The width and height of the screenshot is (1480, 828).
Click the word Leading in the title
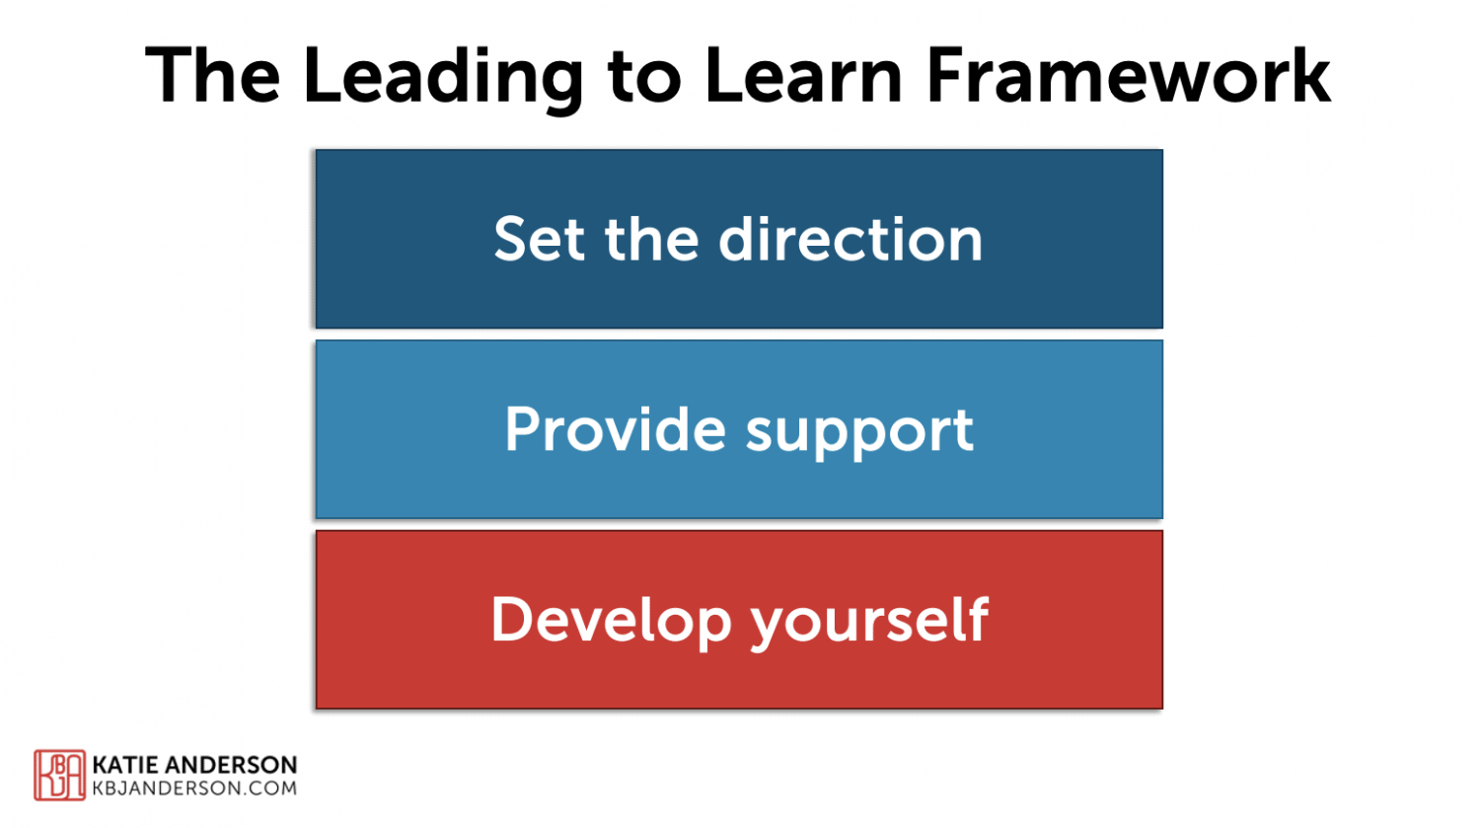point(442,77)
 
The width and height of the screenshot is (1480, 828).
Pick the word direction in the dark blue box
point(851,240)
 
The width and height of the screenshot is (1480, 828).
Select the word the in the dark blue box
point(651,240)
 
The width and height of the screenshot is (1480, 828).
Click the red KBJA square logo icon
point(59,775)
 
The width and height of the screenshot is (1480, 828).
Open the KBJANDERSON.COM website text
point(194,789)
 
